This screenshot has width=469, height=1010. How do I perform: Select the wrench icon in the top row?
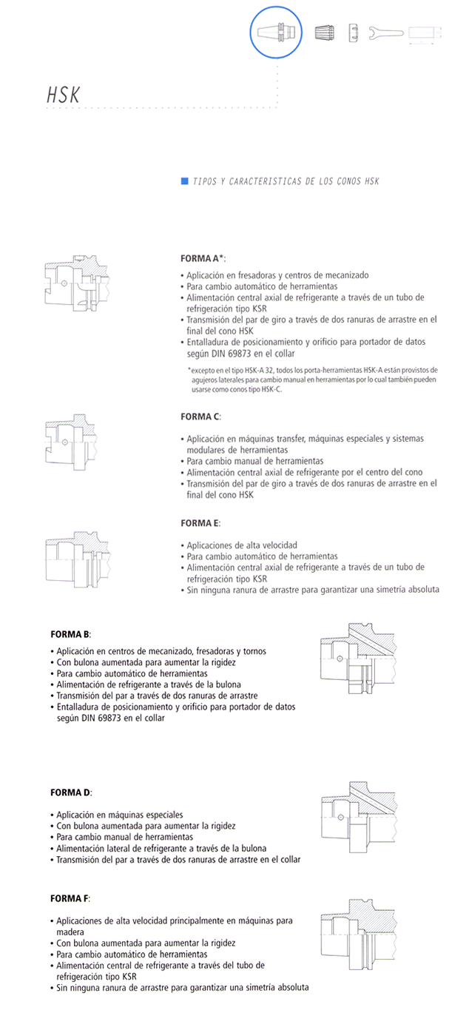point(386,33)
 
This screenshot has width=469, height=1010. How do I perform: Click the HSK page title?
point(64,95)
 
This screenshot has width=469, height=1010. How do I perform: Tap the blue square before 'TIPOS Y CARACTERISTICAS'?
point(184,181)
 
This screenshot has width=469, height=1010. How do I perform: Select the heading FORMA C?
point(200,417)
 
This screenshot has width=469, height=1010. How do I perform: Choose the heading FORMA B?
point(71,635)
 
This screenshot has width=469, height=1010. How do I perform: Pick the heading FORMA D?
point(71,792)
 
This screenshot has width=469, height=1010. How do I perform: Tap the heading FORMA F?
point(70,898)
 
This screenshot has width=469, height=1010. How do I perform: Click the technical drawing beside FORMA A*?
point(78,287)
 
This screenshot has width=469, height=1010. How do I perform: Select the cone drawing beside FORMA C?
point(78,442)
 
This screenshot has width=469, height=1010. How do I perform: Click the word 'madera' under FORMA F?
point(70,932)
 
